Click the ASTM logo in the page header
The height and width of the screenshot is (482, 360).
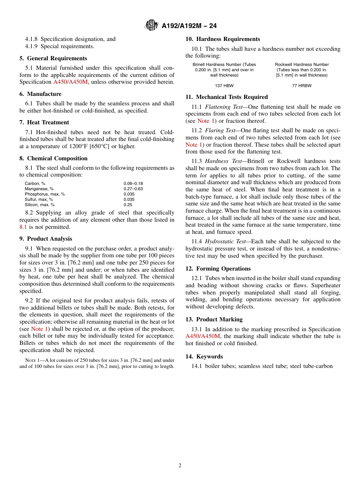pyautogui.click(x=152, y=25)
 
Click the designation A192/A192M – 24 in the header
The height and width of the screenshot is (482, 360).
pyautogui.click(x=189, y=26)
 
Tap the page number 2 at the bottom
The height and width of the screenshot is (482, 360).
pyautogui.click(x=180, y=466)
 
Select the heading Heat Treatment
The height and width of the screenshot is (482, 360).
pyautogui.click(x=48, y=122)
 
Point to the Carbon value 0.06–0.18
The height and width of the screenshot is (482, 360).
pyautogui.click(x=133, y=183)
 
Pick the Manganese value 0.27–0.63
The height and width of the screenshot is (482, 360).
pyautogui.click(x=133, y=189)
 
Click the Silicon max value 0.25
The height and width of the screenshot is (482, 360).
pyautogui.click(x=128, y=205)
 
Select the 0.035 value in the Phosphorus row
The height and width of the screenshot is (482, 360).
pyautogui.click(x=129, y=194)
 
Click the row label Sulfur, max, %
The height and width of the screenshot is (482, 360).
pyautogui.click(x=39, y=199)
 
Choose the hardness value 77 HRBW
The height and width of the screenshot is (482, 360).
pyautogui.click(x=302, y=86)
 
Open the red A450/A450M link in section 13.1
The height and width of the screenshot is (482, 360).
pyautogui.click(x=203, y=336)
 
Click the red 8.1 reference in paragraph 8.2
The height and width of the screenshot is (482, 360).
pyautogui.click(x=23, y=227)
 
